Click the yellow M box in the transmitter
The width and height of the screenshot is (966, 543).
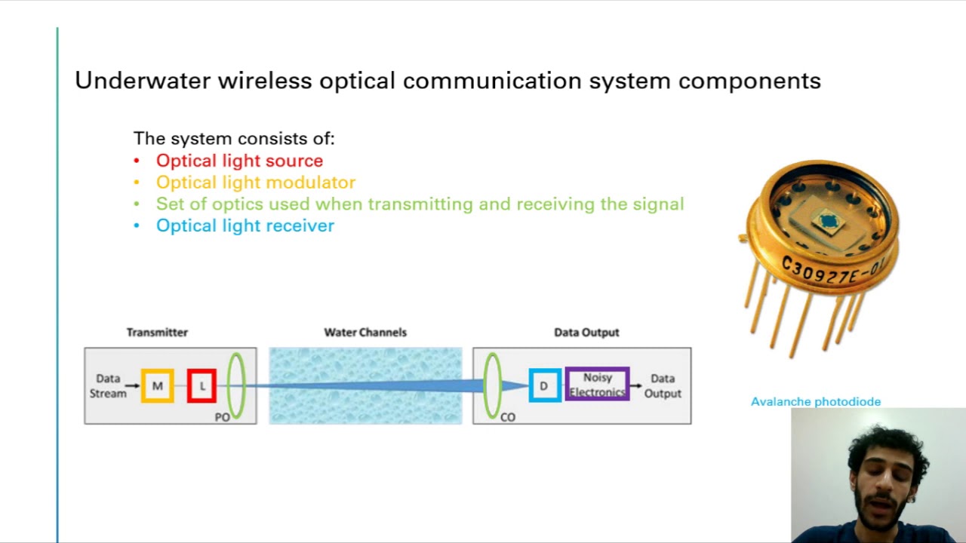(x=157, y=386)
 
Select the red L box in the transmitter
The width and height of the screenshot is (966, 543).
(x=202, y=386)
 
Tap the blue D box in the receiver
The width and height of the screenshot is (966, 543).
(x=544, y=386)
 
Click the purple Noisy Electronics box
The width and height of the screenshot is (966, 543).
(x=597, y=385)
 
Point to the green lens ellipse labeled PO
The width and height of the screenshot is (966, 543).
(x=236, y=385)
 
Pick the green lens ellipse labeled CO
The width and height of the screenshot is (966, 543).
(x=492, y=385)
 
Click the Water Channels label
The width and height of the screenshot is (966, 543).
(x=365, y=332)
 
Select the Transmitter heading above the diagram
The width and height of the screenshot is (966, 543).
(x=157, y=332)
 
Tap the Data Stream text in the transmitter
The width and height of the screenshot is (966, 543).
(x=108, y=386)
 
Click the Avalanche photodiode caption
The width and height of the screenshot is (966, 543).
(x=816, y=402)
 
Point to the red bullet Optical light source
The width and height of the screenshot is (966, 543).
(x=239, y=161)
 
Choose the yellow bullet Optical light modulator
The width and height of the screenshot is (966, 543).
(x=255, y=183)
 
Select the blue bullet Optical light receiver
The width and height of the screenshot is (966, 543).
(x=245, y=225)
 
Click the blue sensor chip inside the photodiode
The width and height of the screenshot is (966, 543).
(x=829, y=221)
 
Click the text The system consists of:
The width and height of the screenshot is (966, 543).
(x=234, y=139)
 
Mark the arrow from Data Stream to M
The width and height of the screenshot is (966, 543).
(x=133, y=386)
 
